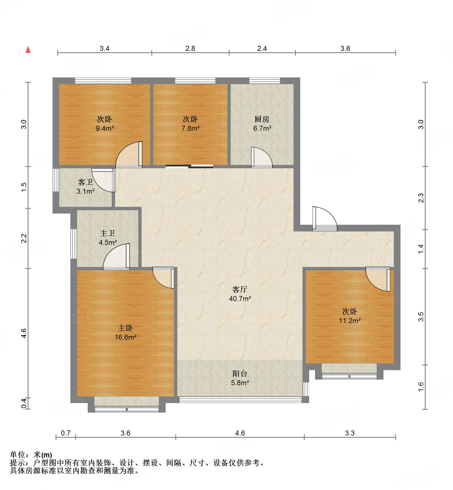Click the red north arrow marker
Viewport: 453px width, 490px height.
28,49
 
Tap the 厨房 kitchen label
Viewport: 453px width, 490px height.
262,119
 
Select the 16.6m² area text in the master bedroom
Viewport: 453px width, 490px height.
125,337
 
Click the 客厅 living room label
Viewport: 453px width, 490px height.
240,289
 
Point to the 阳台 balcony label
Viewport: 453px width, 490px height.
240,374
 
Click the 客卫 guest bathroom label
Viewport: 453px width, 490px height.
85,182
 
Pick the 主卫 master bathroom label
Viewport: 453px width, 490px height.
108,233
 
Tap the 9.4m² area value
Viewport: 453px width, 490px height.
105,129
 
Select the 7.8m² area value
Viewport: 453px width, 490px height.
190,129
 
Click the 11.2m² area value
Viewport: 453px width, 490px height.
350,321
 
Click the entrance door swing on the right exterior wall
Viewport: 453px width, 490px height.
325,219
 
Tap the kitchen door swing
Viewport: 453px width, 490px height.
262,158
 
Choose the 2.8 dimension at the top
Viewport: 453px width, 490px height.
190,48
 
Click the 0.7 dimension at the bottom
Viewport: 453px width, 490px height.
66,433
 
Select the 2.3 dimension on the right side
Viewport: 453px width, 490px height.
421,198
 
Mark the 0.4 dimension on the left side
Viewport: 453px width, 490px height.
24,403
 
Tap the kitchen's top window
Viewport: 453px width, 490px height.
264,81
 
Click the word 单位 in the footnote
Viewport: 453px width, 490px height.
17,455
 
